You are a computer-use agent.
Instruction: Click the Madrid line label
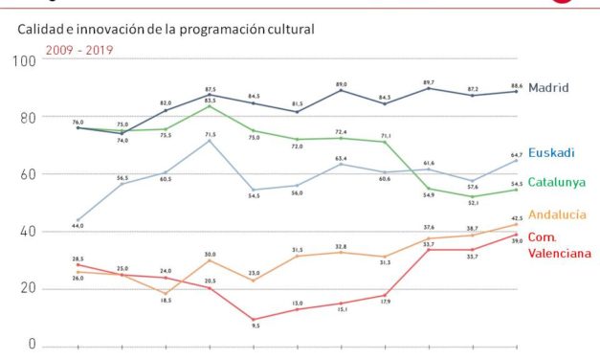(x=548, y=86)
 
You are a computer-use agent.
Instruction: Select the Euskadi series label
(x=553, y=152)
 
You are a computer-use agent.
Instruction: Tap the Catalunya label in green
(x=559, y=182)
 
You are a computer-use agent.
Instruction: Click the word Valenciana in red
(x=563, y=251)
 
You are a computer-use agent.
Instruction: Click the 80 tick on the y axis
(x=26, y=118)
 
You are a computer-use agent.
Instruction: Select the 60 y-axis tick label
(x=26, y=174)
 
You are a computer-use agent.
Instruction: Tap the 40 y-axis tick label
(x=26, y=231)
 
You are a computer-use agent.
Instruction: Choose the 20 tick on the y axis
(x=26, y=288)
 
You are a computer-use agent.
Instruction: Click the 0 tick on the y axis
(x=30, y=345)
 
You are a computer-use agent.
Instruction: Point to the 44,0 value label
(x=77, y=226)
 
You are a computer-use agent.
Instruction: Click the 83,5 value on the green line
(x=209, y=100)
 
